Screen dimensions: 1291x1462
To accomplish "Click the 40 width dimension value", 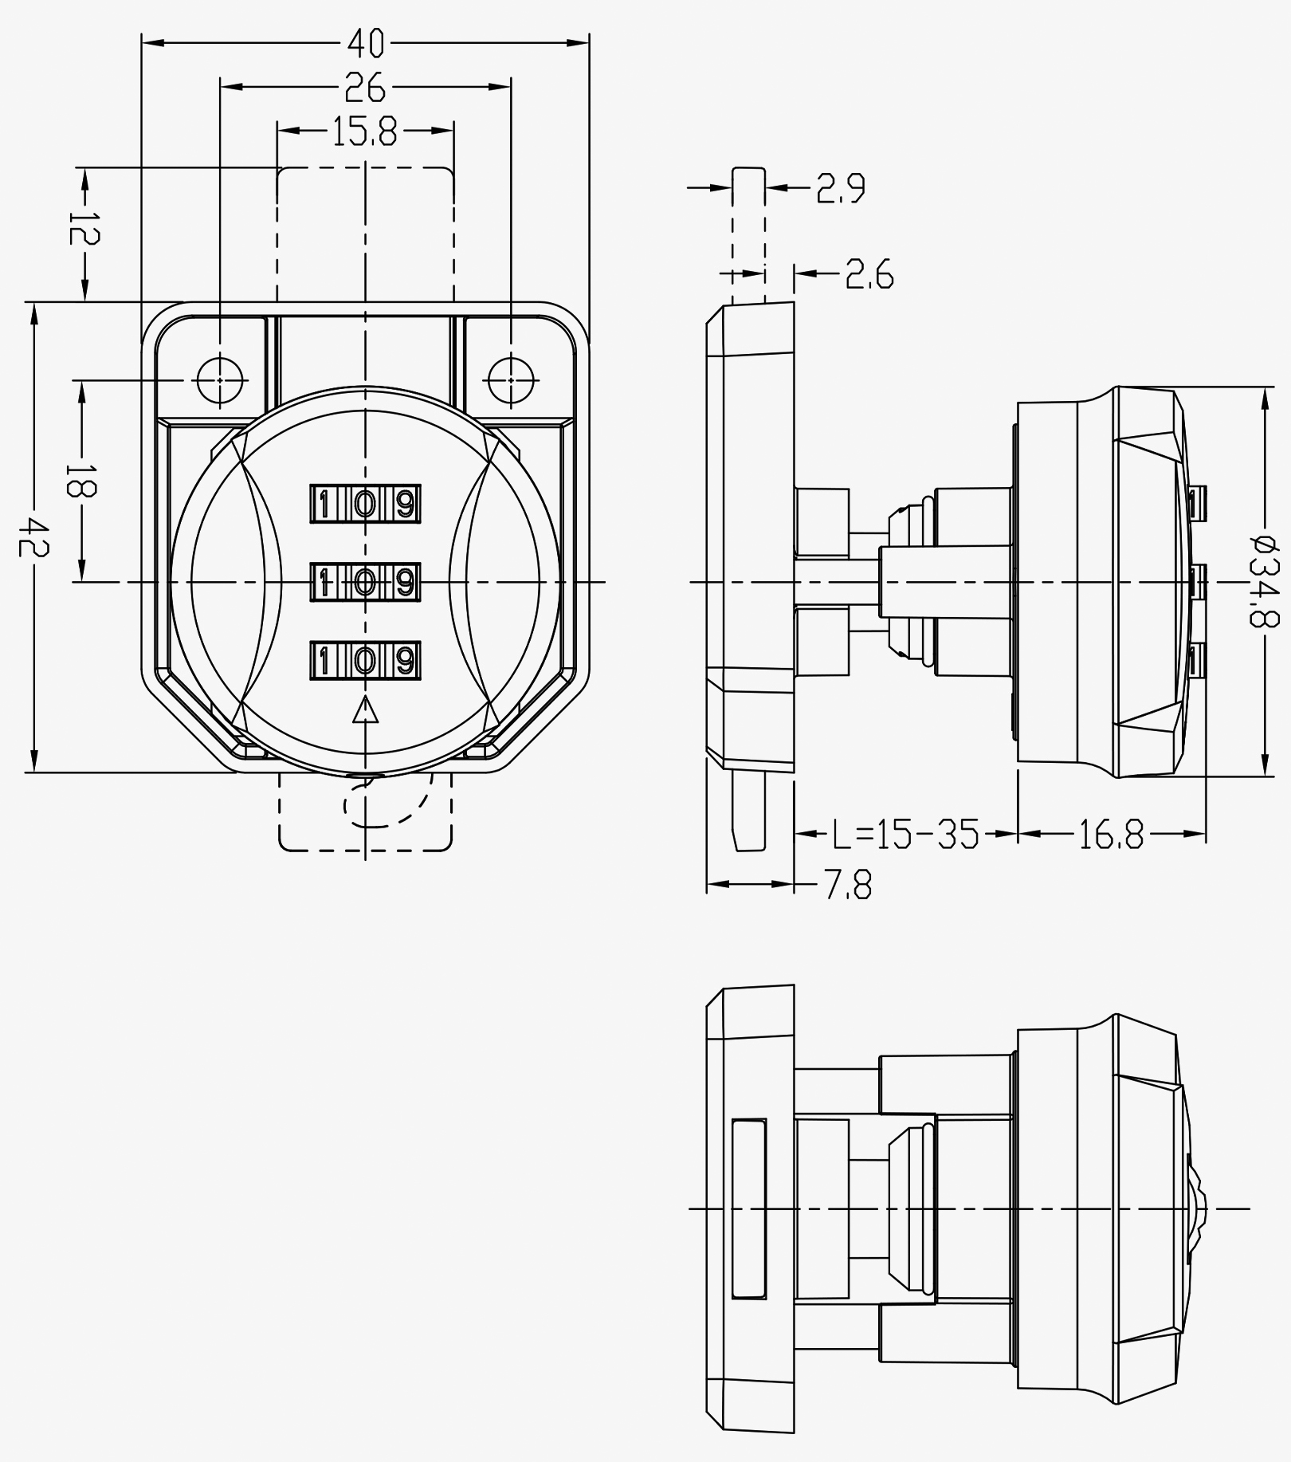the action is [x=366, y=43].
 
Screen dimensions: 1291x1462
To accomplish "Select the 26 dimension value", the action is [x=365, y=87].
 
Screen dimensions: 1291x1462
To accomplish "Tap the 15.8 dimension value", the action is [x=364, y=132].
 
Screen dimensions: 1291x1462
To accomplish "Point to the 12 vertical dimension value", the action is [x=83, y=228].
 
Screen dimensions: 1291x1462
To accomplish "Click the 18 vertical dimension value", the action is [x=81, y=479].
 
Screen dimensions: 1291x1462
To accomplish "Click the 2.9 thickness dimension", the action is [x=841, y=189].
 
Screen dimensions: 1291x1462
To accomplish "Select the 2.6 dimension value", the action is [x=869, y=274].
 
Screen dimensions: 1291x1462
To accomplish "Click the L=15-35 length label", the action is [x=905, y=835].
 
